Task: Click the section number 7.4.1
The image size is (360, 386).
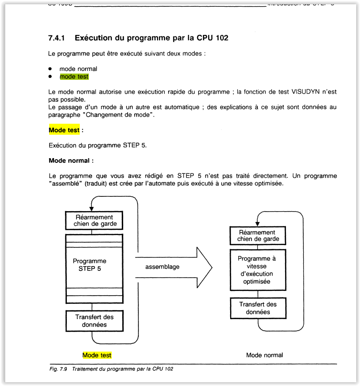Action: (x=57, y=38)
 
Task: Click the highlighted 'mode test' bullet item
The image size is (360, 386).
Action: (x=74, y=76)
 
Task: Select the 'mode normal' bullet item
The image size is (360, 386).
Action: (x=78, y=69)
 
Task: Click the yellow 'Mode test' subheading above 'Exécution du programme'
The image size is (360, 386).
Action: (x=64, y=130)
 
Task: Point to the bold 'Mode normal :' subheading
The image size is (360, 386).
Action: (x=71, y=161)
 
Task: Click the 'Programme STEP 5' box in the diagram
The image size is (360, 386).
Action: (x=94, y=265)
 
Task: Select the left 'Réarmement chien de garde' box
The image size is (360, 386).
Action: (x=95, y=220)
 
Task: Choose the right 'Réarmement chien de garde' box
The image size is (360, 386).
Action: (x=258, y=236)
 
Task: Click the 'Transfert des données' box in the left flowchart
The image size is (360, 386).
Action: (x=94, y=321)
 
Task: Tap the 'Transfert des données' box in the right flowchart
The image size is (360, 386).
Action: (x=258, y=308)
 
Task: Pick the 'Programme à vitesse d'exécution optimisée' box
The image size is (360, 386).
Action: (x=258, y=270)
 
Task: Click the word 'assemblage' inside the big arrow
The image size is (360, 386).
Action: (x=162, y=267)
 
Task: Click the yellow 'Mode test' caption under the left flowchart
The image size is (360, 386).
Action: (x=97, y=355)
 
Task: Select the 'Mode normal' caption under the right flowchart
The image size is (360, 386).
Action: (x=265, y=355)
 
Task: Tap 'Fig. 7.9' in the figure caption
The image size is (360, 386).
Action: (x=59, y=369)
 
